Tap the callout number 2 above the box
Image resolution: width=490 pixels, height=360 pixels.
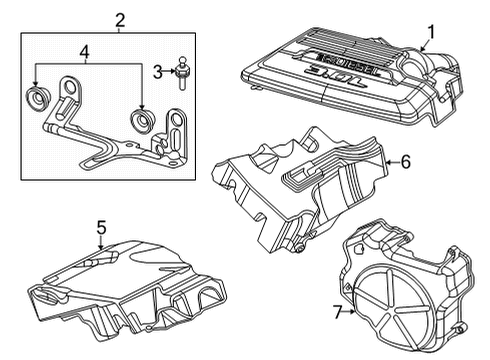[120, 19]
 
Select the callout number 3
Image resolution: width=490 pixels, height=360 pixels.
[156, 71]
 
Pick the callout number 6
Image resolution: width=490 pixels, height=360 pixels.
[407, 160]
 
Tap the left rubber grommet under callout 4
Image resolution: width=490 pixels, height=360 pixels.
[38, 99]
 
